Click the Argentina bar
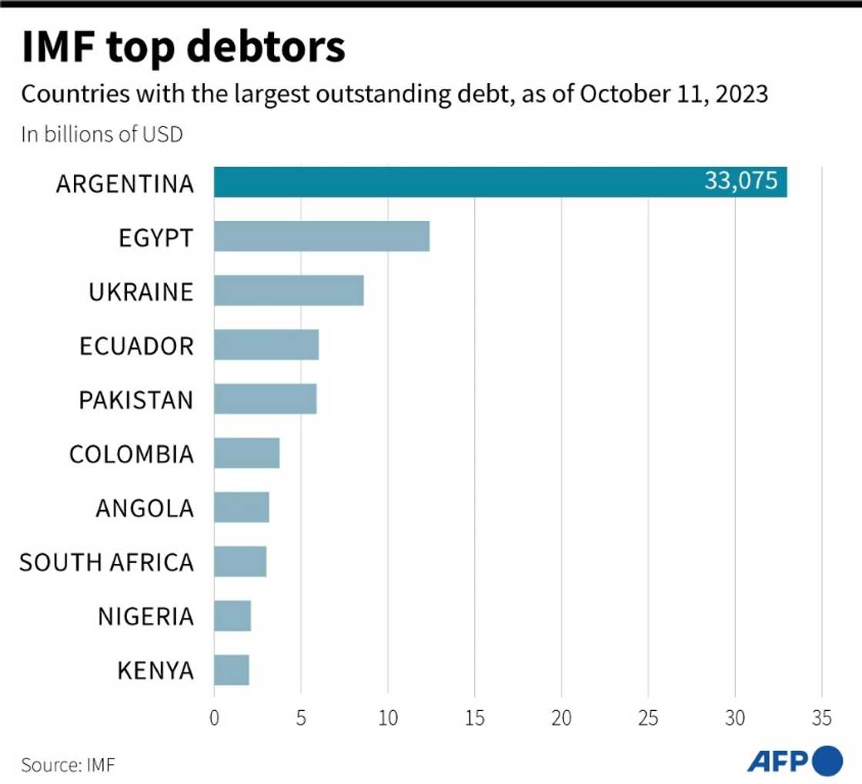click(x=462, y=182)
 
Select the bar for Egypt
click(x=322, y=236)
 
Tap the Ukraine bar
click(x=289, y=291)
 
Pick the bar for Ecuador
click(x=266, y=345)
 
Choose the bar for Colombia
click(x=246, y=453)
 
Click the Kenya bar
click(x=232, y=670)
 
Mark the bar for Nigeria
click(x=232, y=616)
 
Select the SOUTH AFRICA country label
click(x=106, y=562)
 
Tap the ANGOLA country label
click(x=145, y=509)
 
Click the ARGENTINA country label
click(x=125, y=184)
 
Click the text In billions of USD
click(x=102, y=134)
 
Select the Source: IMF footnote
click(x=68, y=765)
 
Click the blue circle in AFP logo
click(x=827, y=761)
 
